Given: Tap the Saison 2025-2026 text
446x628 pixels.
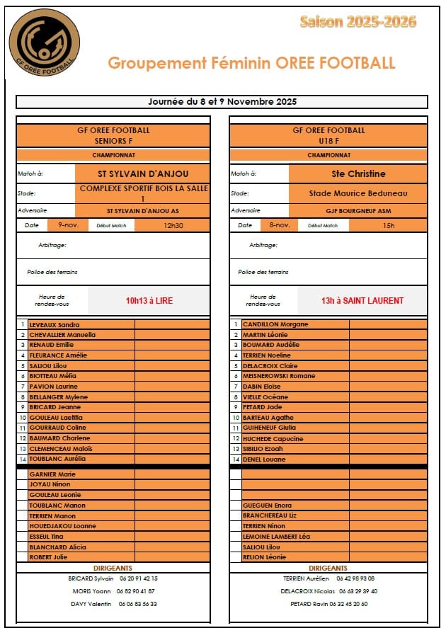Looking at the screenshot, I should (358, 22).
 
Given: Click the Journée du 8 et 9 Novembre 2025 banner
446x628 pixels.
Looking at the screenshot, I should (222, 102).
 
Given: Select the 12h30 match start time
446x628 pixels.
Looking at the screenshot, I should (173, 225).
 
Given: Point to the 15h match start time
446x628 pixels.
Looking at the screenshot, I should (388, 225).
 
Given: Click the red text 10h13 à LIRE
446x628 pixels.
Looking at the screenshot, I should (149, 301).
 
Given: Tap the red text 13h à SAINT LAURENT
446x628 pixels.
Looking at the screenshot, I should (362, 301).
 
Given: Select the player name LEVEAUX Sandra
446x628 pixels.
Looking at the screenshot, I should (54, 325).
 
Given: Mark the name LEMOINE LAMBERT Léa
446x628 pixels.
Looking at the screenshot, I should (276, 537).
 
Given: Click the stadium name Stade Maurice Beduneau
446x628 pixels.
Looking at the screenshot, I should (358, 193).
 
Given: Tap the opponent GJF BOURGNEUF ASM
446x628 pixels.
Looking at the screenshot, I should (358, 211).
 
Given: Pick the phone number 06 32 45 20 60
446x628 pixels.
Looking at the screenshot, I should (348, 604).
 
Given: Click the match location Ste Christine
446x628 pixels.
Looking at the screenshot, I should (358, 173).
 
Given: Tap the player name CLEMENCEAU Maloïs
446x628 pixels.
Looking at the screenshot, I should (60, 449).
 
